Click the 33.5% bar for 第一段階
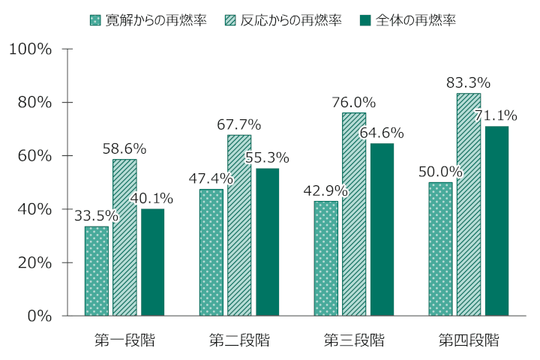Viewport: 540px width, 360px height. (97, 271)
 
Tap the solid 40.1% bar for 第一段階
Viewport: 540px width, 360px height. (152, 262)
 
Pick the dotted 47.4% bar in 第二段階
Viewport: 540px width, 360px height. (211, 252)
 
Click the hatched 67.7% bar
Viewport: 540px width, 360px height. (239, 225)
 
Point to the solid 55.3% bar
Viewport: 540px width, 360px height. (267, 241)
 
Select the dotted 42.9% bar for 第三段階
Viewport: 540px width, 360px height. (326, 258)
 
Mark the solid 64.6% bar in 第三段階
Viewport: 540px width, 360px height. (382, 229)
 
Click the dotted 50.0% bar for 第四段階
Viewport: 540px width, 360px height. (441, 249)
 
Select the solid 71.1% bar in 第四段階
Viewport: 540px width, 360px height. (496, 220)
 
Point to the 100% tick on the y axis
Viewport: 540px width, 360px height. (30, 49)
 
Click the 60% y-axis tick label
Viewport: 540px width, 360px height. (34, 156)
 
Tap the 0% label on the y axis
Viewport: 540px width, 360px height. (39, 316)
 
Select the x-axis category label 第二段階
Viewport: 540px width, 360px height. (239, 340)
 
